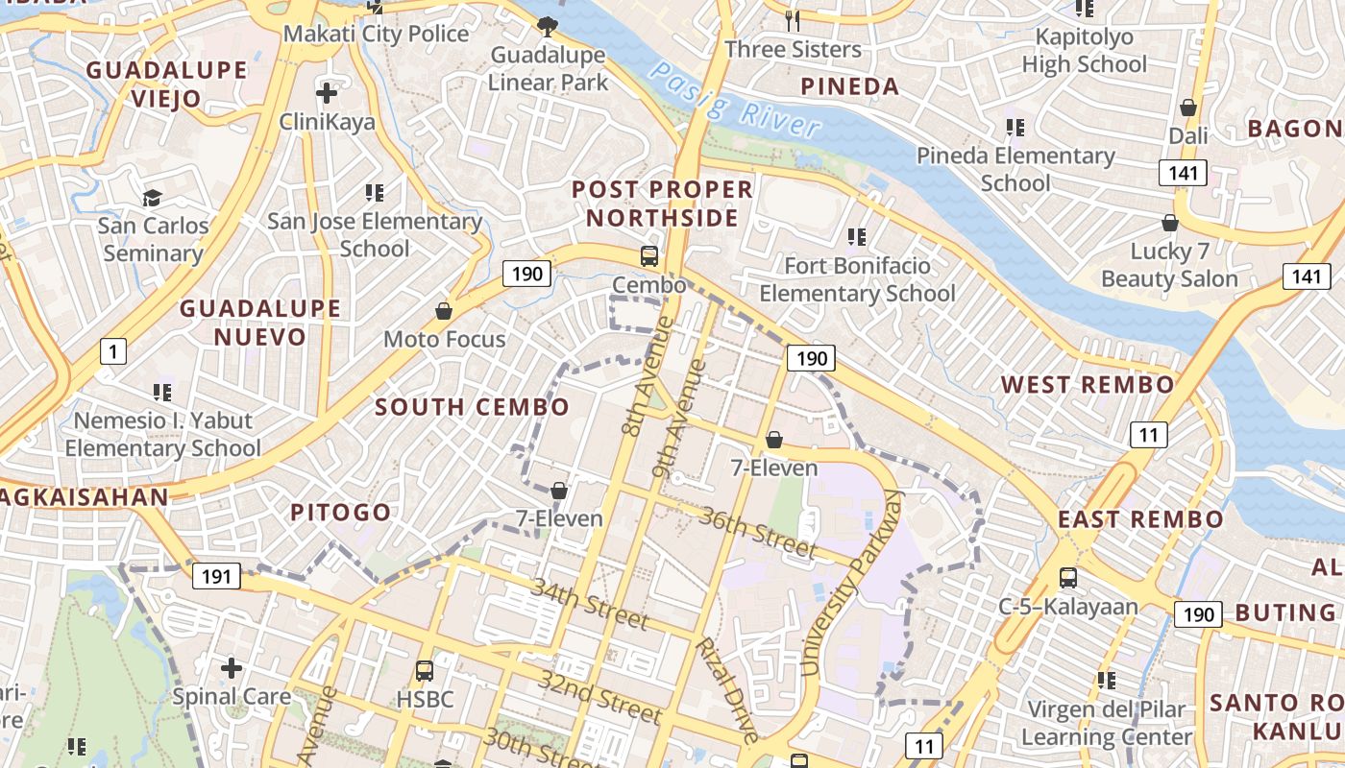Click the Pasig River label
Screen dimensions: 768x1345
[737, 99]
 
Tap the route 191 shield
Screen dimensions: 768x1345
[216, 576]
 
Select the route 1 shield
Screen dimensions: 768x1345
[113, 351]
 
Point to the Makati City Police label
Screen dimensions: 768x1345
[376, 35]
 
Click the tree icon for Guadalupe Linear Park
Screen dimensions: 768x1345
[548, 26]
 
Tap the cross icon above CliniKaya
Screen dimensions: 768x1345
[327, 94]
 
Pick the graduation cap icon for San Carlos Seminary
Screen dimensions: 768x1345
[153, 199]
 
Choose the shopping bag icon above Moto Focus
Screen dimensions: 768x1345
[444, 311]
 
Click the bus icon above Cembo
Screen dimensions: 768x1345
[649, 256]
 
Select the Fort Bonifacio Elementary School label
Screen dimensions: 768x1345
[858, 279]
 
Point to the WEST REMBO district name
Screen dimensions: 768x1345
[1088, 386]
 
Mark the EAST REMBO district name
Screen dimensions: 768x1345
[1141, 520]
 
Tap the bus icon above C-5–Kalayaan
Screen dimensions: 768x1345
[1068, 578]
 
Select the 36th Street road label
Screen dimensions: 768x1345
[758, 533]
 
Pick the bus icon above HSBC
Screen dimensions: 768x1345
[425, 670]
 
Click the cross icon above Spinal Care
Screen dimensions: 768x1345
[232, 667]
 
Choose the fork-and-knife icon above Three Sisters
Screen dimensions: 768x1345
[793, 20]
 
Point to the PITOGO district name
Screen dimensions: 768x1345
[341, 513]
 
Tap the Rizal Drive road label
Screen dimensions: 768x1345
[727, 689]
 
